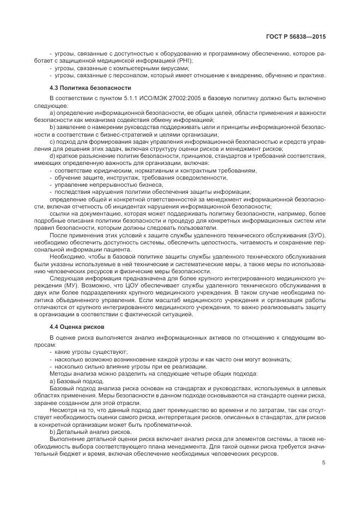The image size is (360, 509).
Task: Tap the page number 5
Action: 324,463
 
